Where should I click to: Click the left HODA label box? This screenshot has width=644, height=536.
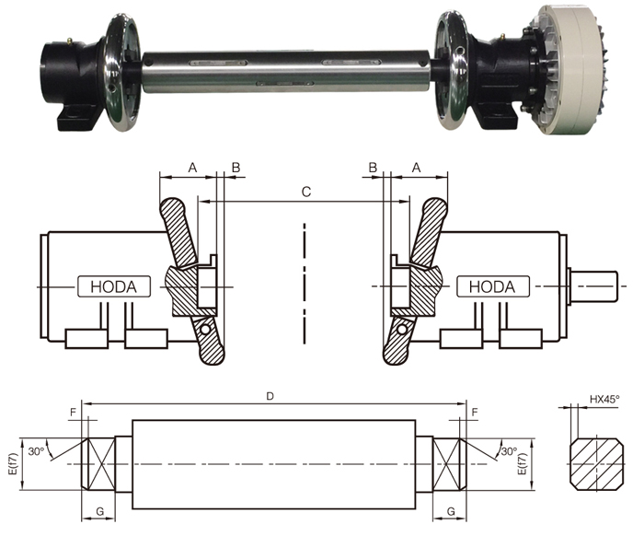coord(114,286)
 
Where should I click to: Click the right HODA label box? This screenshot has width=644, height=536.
coord(493,286)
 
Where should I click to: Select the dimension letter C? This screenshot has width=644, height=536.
coord(306,192)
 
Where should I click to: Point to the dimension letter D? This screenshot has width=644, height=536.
coord(270,396)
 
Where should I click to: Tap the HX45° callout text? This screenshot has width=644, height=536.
coord(604,399)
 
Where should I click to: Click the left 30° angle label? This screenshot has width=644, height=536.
coord(36,451)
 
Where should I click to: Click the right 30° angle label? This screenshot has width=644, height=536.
coord(509,451)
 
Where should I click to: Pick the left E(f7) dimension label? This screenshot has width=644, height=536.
coord(13,464)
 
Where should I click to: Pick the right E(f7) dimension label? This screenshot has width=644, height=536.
coord(522,464)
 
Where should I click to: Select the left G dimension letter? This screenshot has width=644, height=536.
coord(99,512)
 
